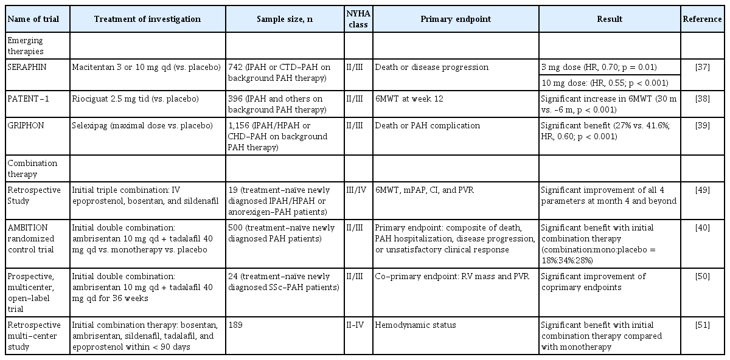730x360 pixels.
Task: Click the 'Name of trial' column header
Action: tap(33, 19)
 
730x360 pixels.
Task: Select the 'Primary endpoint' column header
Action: tap(455, 19)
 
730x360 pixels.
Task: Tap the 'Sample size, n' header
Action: tap(285, 19)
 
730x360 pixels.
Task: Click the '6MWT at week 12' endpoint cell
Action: tap(409, 98)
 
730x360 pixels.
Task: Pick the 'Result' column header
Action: tap(610, 19)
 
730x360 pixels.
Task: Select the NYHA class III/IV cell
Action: tap(358, 190)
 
